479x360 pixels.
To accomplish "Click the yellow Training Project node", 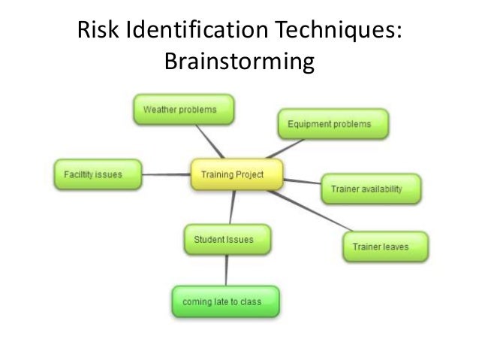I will click(x=236, y=175).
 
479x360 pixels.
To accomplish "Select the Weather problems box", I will click(x=183, y=110).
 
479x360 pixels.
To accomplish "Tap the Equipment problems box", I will click(x=333, y=124).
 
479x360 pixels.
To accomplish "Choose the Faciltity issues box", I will click(x=98, y=175).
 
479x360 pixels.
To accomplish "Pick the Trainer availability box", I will click(x=371, y=189).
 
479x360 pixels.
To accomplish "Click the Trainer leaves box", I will click(x=385, y=247).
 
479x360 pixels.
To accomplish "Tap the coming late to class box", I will click(x=225, y=302).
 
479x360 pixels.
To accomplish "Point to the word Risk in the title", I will click(x=96, y=32).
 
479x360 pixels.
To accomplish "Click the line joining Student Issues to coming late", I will click(x=227, y=271).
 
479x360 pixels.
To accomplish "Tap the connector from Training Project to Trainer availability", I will click(x=302, y=182).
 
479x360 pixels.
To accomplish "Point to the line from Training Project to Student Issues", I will click(x=232, y=207).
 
